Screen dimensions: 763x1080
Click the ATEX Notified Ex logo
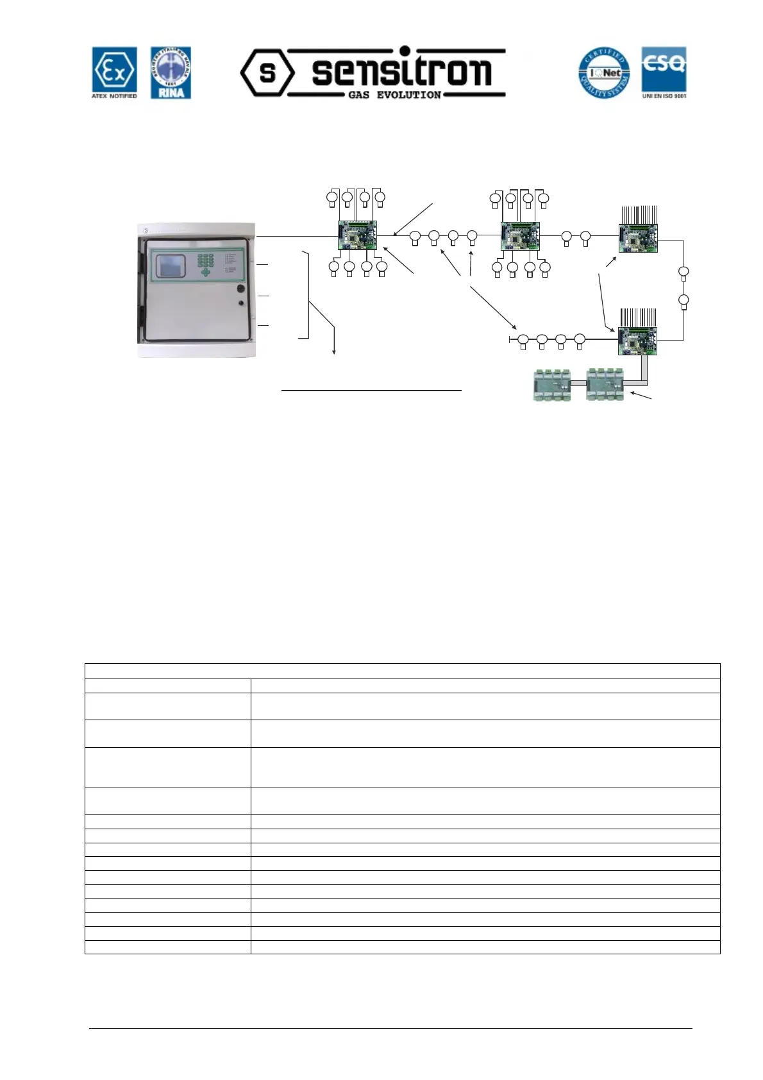coord(114,72)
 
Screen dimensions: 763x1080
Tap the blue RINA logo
coord(171,72)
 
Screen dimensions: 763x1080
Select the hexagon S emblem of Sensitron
coord(267,72)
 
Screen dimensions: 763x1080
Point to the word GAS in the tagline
coord(358,95)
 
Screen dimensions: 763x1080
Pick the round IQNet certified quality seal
coord(604,73)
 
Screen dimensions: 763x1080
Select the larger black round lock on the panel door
coord(241,289)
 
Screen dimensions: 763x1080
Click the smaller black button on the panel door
coord(241,303)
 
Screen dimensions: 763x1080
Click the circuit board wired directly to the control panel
coord(357,236)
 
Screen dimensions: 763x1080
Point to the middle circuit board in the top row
coord(520,236)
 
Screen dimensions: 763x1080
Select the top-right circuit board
coord(638,238)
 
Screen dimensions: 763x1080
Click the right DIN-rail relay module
coord(605,384)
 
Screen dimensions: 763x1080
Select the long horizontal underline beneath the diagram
coord(371,390)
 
